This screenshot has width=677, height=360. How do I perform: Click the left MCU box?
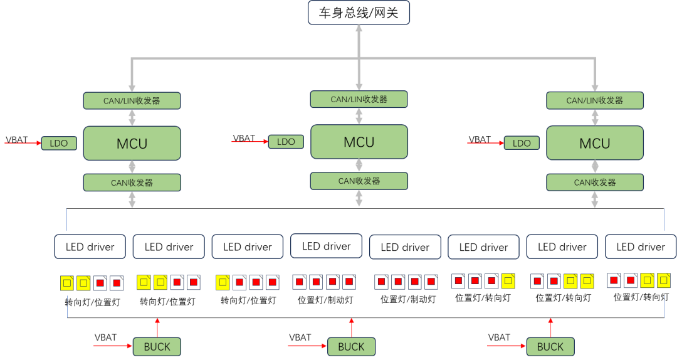[132, 144]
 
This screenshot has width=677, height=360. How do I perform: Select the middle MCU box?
[359, 142]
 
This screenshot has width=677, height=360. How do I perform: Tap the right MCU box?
[595, 144]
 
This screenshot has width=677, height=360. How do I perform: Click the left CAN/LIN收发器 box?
[132, 100]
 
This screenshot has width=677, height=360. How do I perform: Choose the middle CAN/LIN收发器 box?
[359, 99]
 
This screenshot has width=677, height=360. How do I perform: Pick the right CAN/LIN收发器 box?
[595, 100]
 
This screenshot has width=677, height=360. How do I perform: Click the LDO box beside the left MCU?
[59, 144]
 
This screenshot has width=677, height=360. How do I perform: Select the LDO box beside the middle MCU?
[286, 142]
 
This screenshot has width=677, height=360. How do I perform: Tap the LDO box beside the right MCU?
[522, 144]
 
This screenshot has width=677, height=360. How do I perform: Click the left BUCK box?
[157, 347]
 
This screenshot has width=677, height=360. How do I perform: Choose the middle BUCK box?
[351, 347]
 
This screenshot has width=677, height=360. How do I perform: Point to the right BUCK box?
[550, 347]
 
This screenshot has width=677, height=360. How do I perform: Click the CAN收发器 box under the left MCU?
[132, 183]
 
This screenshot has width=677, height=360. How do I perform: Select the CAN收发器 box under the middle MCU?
[359, 181]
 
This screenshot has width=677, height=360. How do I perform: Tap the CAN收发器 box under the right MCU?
[595, 183]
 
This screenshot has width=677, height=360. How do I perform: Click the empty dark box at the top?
[359, 13]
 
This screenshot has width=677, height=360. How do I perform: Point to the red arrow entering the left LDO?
[23, 144]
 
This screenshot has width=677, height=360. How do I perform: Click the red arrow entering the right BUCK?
[506, 346]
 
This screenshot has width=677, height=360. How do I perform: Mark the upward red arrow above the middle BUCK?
[352, 327]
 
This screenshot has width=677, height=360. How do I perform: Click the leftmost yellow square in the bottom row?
[67, 283]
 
